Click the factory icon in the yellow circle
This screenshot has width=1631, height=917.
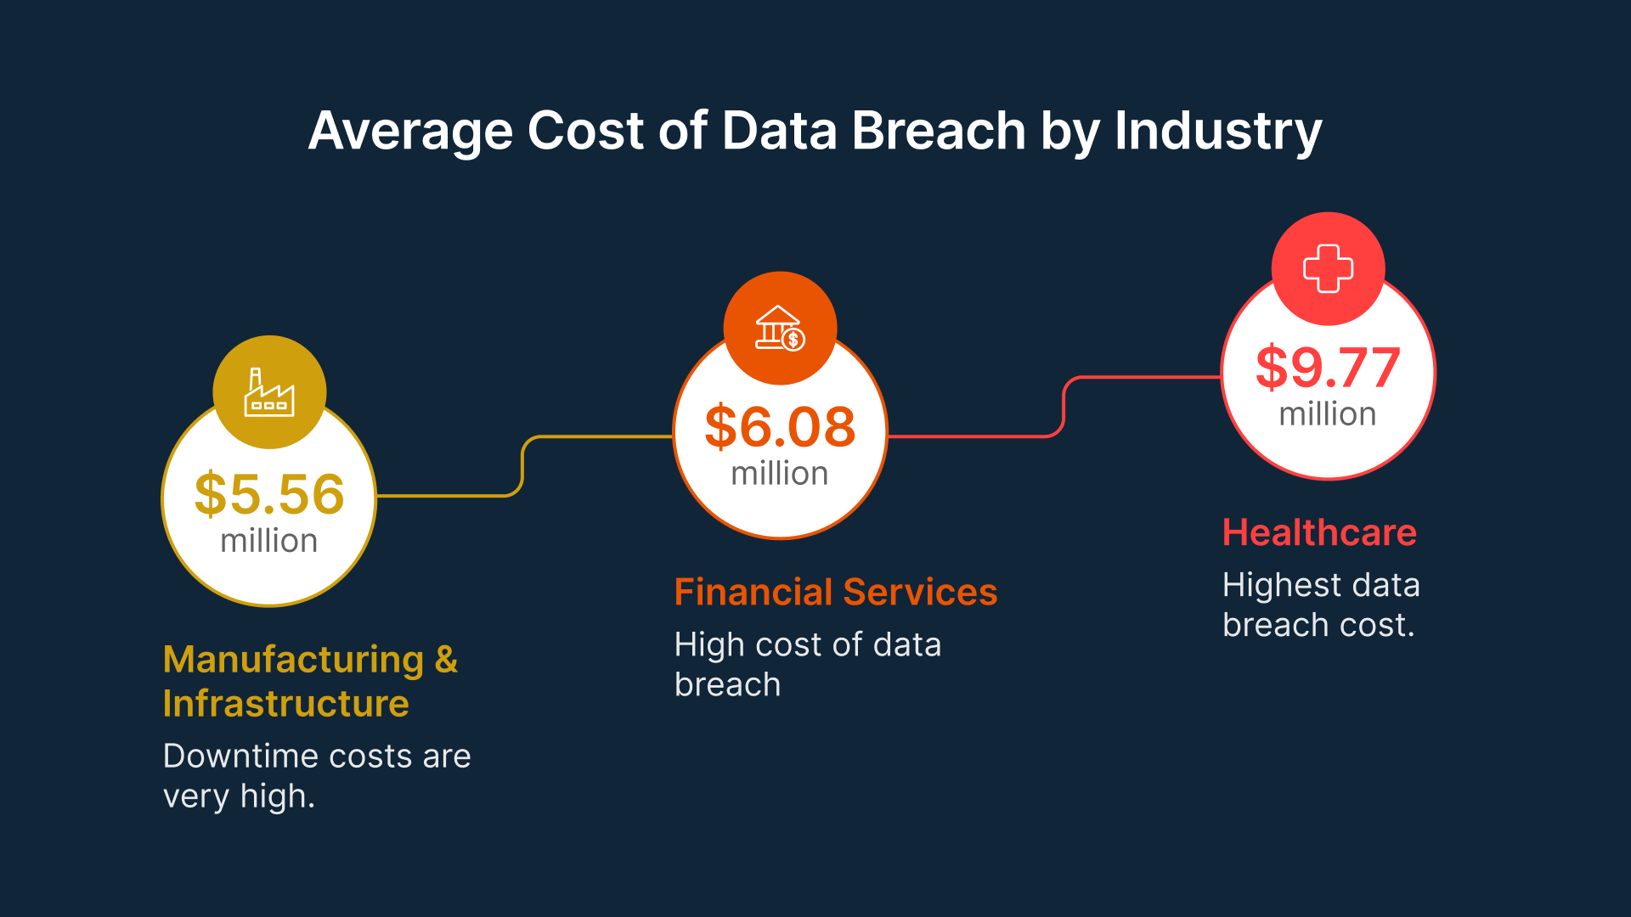click(269, 393)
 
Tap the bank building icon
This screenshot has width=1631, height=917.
click(780, 329)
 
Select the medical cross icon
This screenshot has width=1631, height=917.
click(1328, 268)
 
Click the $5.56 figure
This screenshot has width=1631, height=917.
click(269, 494)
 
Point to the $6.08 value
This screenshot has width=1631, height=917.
click(780, 427)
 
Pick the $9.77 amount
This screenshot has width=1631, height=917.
click(1328, 368)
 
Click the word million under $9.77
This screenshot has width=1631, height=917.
click(1328, 414)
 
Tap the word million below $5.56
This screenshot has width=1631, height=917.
click(269, 541)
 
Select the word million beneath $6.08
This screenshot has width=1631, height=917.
click(780, 474)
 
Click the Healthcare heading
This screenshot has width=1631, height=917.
click(1319, 533)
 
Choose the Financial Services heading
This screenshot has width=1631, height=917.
click(836, 593)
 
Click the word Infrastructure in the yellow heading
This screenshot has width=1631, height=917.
click(286, 704)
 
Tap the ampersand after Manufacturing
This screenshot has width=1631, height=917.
click(446, 660)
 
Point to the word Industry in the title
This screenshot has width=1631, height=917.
click(1218, 132)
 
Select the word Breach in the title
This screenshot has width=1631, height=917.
click(939, 132)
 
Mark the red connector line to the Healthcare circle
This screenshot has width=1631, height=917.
click(1064, 408)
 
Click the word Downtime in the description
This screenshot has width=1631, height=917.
click(229, 757)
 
